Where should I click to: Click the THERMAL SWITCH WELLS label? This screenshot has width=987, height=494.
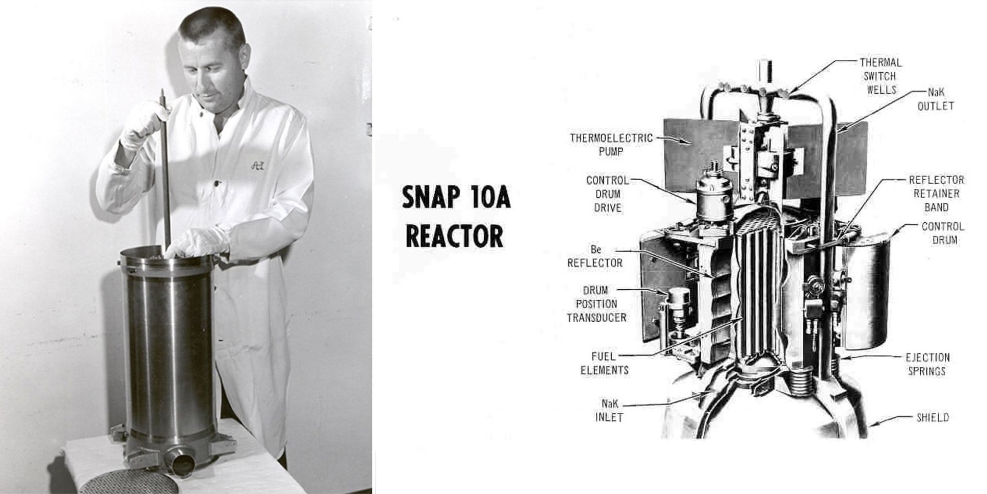coord(881,76)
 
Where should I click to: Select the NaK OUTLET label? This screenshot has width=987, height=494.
coord(936,99)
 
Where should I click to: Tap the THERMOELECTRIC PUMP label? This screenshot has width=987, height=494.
coord(611,145)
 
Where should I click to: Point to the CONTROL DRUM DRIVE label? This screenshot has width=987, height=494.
coord(607,194)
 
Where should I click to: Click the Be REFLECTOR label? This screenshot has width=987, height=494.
coord(595,256)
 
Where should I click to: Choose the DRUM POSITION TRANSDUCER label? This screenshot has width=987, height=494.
coord(596,304)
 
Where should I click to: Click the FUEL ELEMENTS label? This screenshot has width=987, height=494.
coord(604,363)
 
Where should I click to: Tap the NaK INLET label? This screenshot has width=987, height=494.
coord(609,411)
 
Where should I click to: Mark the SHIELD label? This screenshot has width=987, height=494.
coord(933,417)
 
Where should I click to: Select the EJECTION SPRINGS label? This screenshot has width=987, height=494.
coord(927,364)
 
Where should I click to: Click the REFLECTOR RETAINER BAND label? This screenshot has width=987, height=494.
coord(936,193)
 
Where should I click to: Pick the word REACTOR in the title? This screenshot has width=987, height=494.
coord(454,236)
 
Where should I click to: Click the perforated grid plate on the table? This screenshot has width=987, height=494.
coord(129,481)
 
